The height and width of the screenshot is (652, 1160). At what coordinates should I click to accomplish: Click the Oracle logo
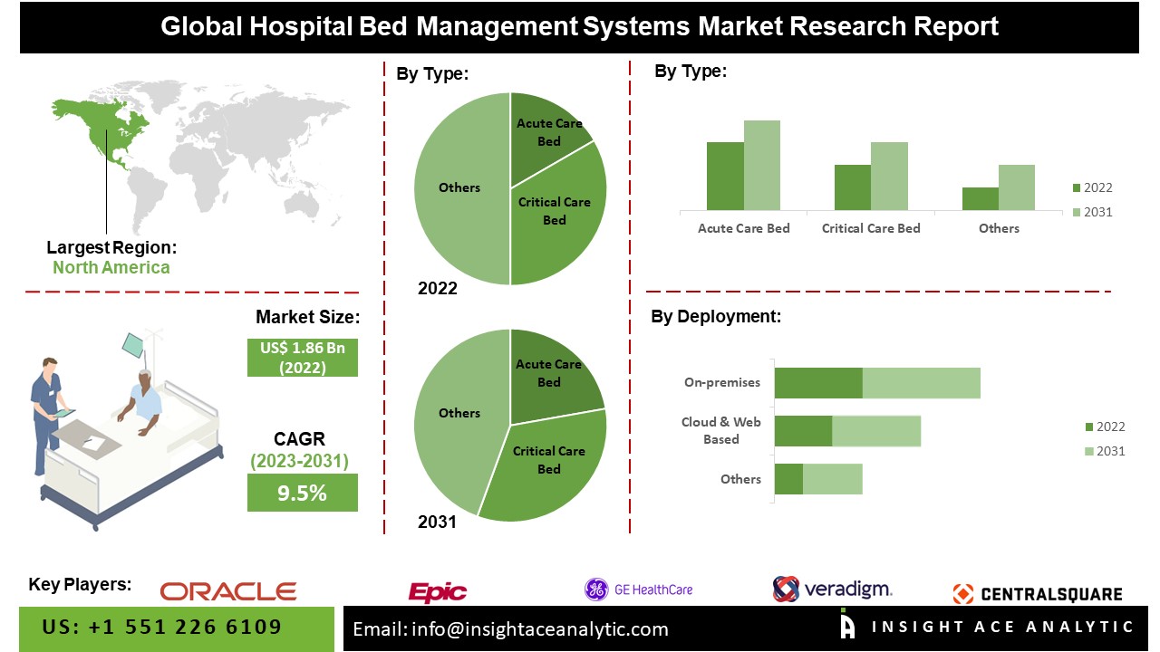228,591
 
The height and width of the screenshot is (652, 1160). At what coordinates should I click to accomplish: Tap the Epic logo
438,592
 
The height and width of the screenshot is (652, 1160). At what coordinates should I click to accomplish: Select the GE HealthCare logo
638,590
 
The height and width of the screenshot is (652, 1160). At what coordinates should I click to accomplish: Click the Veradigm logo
832,590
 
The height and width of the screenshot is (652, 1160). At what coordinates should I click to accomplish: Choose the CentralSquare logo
1038,594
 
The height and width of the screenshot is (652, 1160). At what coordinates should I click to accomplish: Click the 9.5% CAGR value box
302,493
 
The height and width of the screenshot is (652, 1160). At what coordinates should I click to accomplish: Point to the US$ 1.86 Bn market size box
302,357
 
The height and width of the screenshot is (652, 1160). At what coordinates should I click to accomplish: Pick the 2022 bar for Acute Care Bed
725,177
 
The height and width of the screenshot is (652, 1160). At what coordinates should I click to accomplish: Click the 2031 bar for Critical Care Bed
889,177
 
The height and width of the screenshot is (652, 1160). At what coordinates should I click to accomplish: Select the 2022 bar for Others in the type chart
980,199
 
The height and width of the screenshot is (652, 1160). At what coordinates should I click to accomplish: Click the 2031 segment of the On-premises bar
921,382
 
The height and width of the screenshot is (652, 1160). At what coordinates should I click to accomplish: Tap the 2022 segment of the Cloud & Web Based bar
803,431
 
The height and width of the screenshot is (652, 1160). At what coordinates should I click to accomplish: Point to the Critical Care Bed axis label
871,228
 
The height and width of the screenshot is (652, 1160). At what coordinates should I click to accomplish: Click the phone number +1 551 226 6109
163,627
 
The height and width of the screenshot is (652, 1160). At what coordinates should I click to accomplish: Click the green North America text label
111,267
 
